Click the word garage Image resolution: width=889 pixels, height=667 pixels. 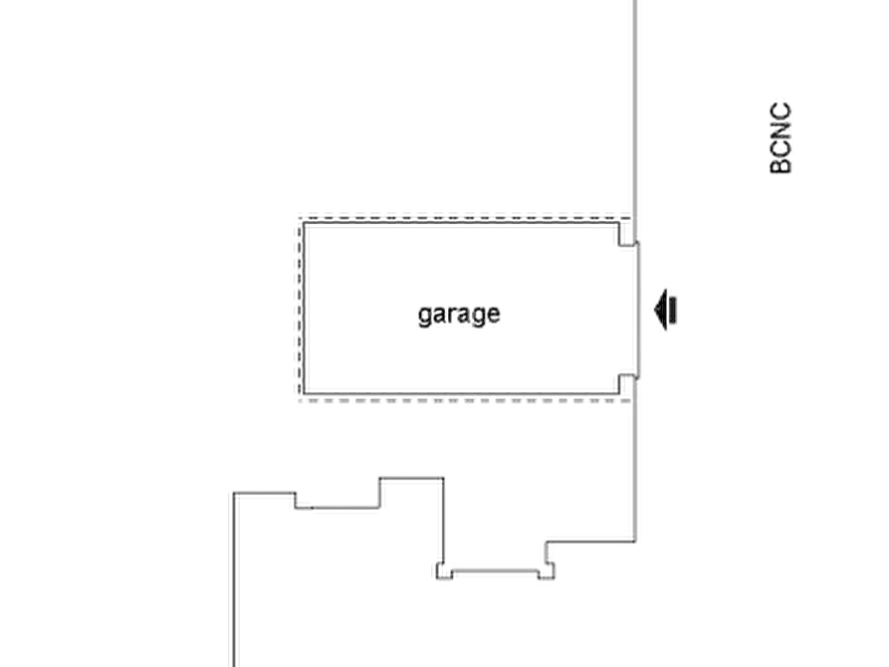[458, 316]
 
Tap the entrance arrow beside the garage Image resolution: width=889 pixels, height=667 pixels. [665, 309]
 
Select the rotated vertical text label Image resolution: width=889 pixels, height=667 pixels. [782, 136]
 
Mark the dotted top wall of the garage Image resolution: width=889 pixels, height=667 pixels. [458, 215]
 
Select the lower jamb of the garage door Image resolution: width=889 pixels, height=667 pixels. [627, 376]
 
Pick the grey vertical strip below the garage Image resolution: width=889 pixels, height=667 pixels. [629, 468]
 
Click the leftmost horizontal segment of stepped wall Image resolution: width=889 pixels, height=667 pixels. [264, 489]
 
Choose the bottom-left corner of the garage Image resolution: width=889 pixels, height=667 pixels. [298, 397]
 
